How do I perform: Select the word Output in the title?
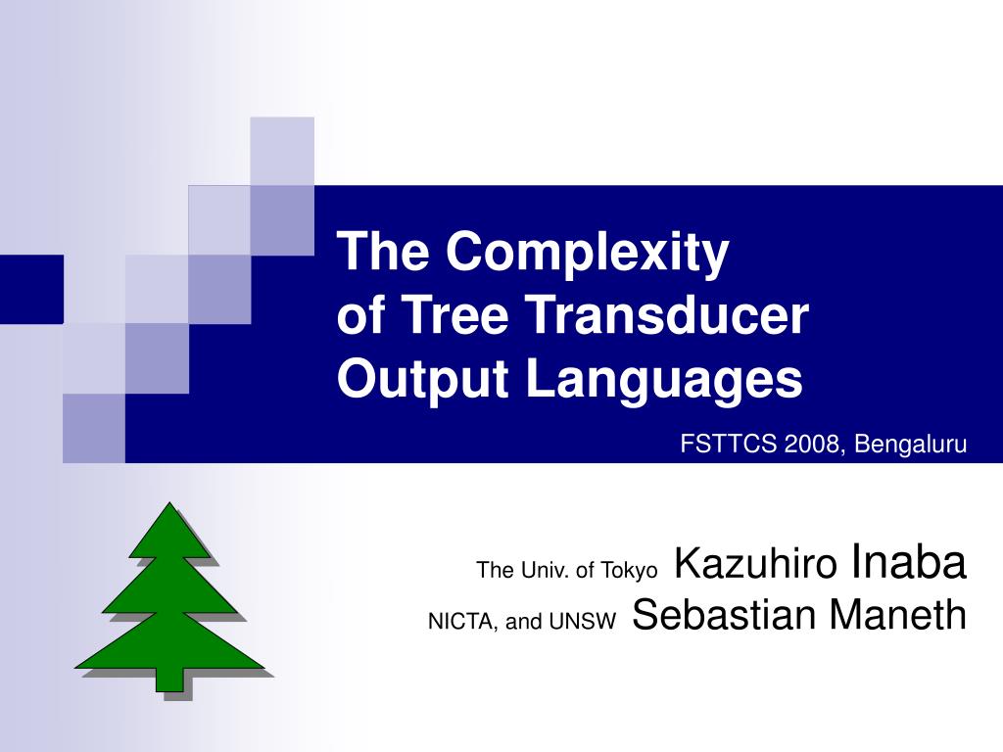coord(422,379)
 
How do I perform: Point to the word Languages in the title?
coord(664,381)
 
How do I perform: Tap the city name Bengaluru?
coord(910,445)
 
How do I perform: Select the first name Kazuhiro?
coord(756,563)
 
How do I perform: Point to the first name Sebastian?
coord(723,615)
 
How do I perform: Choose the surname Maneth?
coord(897,615)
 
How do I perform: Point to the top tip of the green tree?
coord(169,502)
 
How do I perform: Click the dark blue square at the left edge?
coord(31,289)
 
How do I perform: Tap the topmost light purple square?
coord(282,151)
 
